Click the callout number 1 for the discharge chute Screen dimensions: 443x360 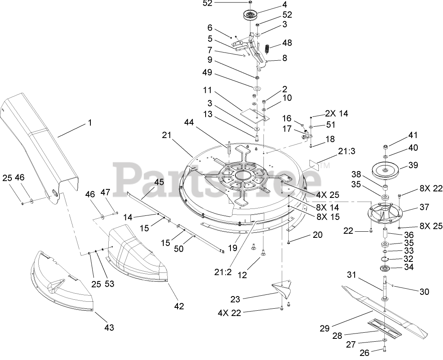[x=90, y=123]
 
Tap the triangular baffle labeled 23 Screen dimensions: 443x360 [x=285, y=290]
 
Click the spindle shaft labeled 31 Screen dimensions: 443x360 [x=384, y=285]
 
